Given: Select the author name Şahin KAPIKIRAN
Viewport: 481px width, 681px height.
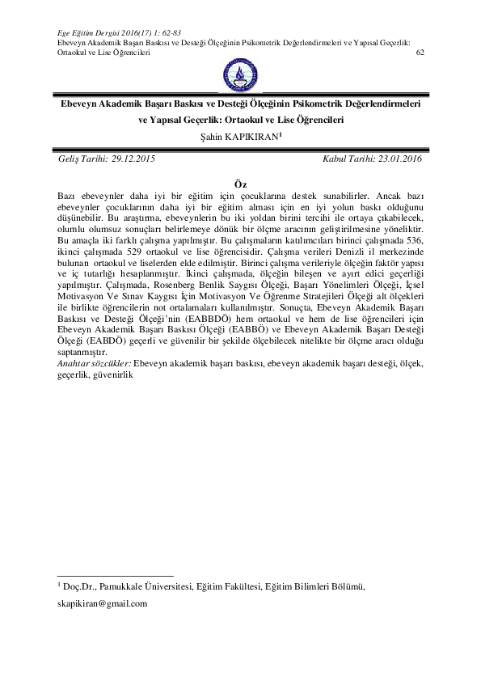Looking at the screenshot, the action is [240, 137].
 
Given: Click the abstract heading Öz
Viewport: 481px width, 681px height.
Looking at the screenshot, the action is [240, 185].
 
